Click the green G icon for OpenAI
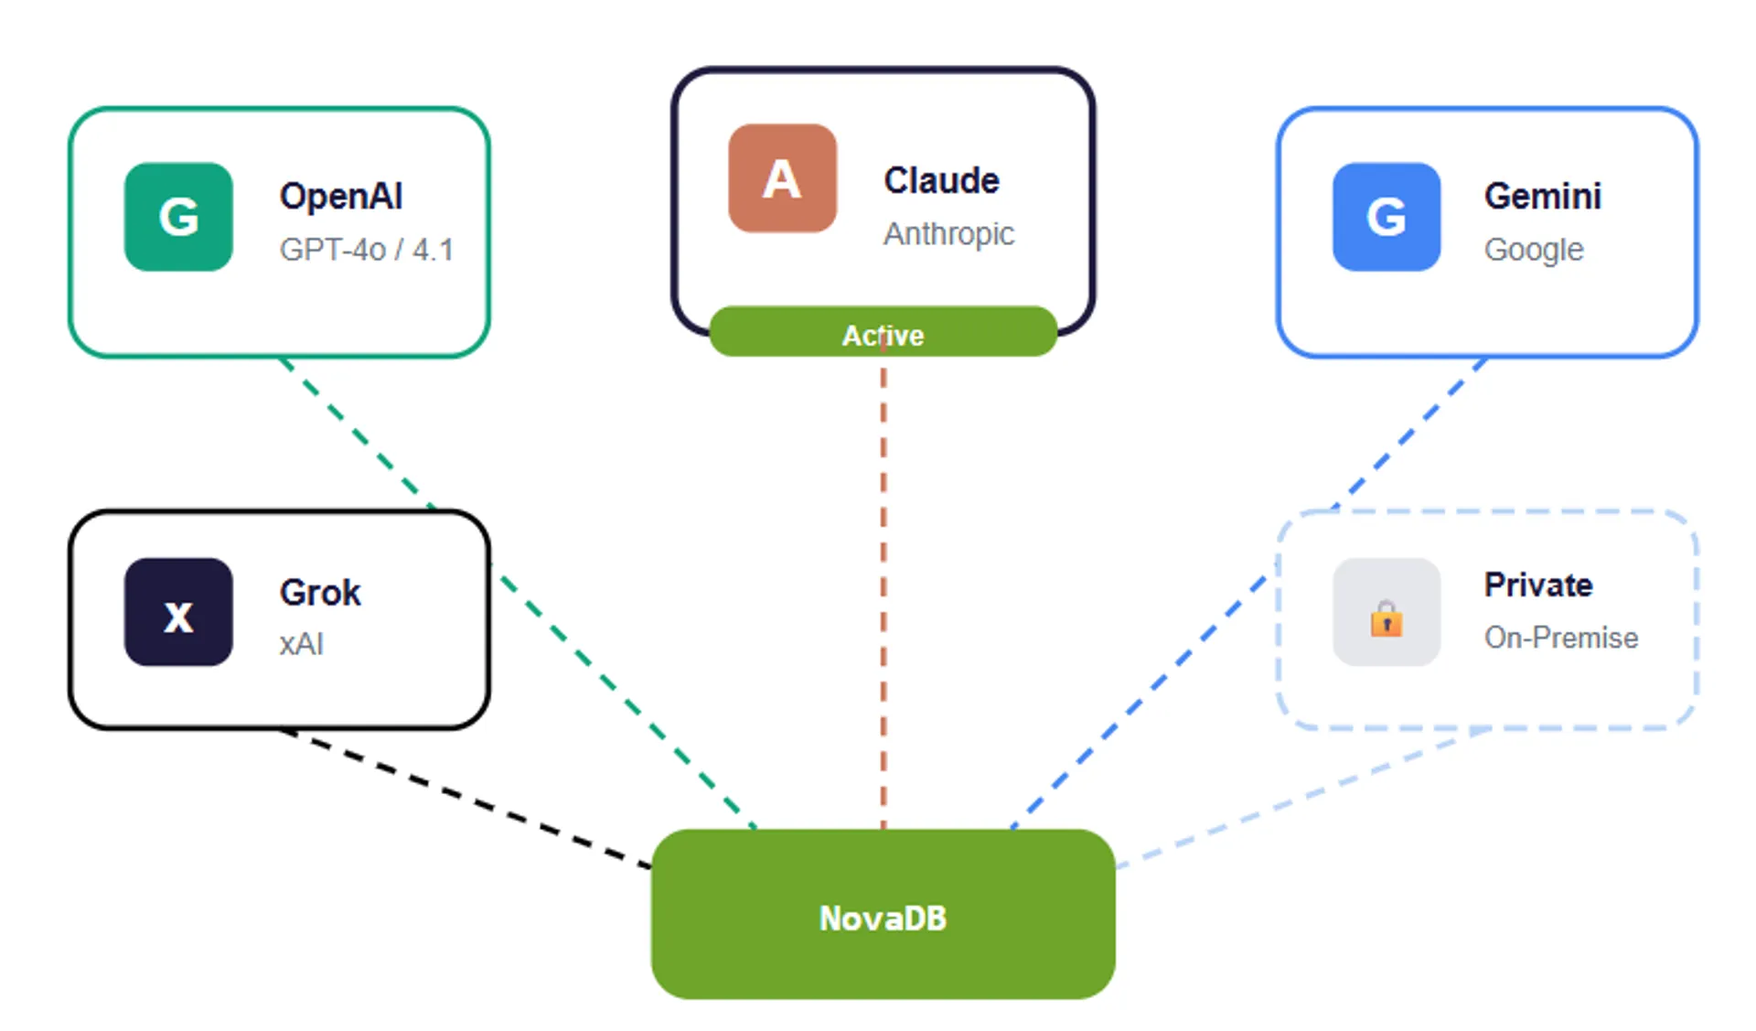178,217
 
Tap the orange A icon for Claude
782,178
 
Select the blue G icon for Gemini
1386,217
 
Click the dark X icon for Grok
178,612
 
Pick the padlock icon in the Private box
1386,619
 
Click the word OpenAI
340,197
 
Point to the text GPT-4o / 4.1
366,250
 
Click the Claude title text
941,180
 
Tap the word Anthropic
948,234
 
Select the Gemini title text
1542,197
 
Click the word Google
1533,250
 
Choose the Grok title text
320,593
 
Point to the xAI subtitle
301,644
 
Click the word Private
1537,585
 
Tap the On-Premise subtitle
1560,638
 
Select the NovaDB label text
883,918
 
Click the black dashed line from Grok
466,799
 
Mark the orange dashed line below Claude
883,595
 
